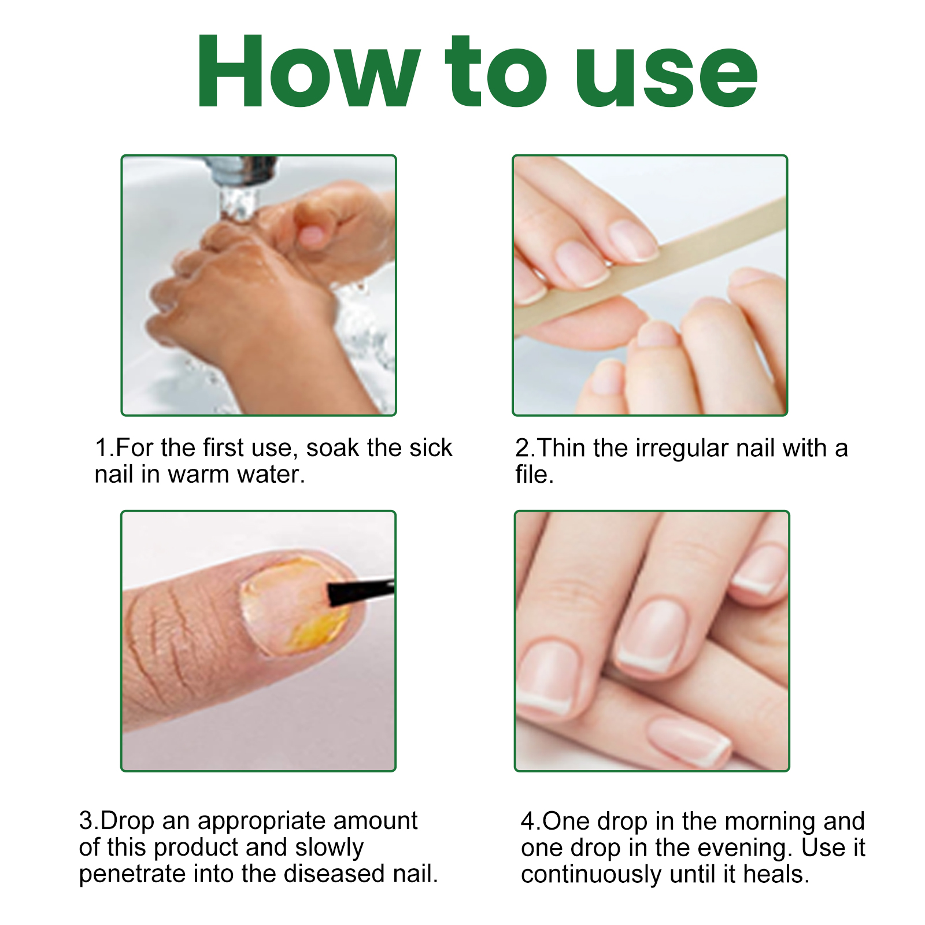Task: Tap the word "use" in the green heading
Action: pos(665,75)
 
